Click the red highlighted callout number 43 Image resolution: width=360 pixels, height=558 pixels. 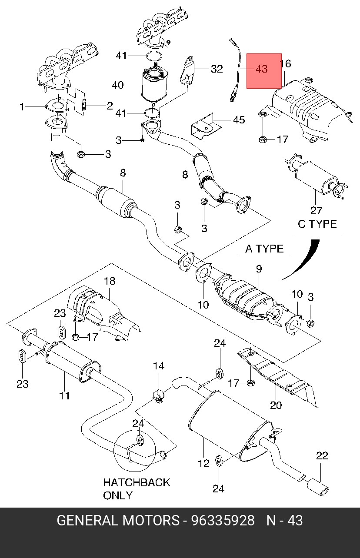coord(262,69)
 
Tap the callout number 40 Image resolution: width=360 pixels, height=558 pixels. coord(118,85)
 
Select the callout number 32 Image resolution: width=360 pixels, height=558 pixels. coord(217,69)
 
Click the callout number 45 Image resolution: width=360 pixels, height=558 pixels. coord(239,120)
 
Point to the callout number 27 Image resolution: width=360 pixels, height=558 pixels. coord(316,210)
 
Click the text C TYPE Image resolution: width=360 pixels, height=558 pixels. coord(317,224)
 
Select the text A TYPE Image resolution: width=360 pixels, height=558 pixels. coord(264,249)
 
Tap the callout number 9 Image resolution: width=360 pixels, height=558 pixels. coord(259,269)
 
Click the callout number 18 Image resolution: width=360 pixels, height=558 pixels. coord(109,281)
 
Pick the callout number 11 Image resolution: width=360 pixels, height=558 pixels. coord(64,395)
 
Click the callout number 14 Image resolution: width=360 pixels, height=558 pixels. coord(159,366)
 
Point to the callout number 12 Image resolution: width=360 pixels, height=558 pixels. coord(203,464)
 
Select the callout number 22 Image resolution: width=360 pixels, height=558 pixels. coord(322,456)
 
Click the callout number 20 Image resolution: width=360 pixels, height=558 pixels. coord(276,405)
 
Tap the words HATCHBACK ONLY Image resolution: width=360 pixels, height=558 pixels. coord(136,488)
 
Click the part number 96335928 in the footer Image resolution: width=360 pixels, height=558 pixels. coord(223,521)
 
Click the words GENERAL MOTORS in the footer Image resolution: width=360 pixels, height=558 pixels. coord(118,521)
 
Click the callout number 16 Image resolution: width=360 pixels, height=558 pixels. coord(285,64)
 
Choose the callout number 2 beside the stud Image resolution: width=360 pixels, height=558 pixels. coord(110,105)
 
